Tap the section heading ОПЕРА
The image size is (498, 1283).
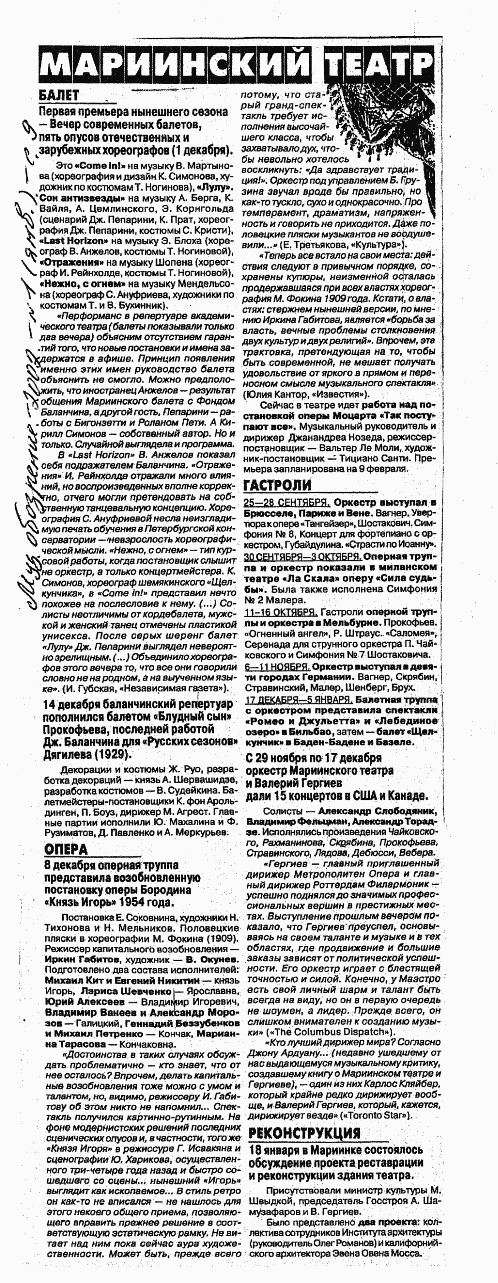coord(65,849)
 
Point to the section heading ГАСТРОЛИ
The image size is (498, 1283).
coord(277,486)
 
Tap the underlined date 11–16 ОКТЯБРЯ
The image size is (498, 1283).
coord(281,611)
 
